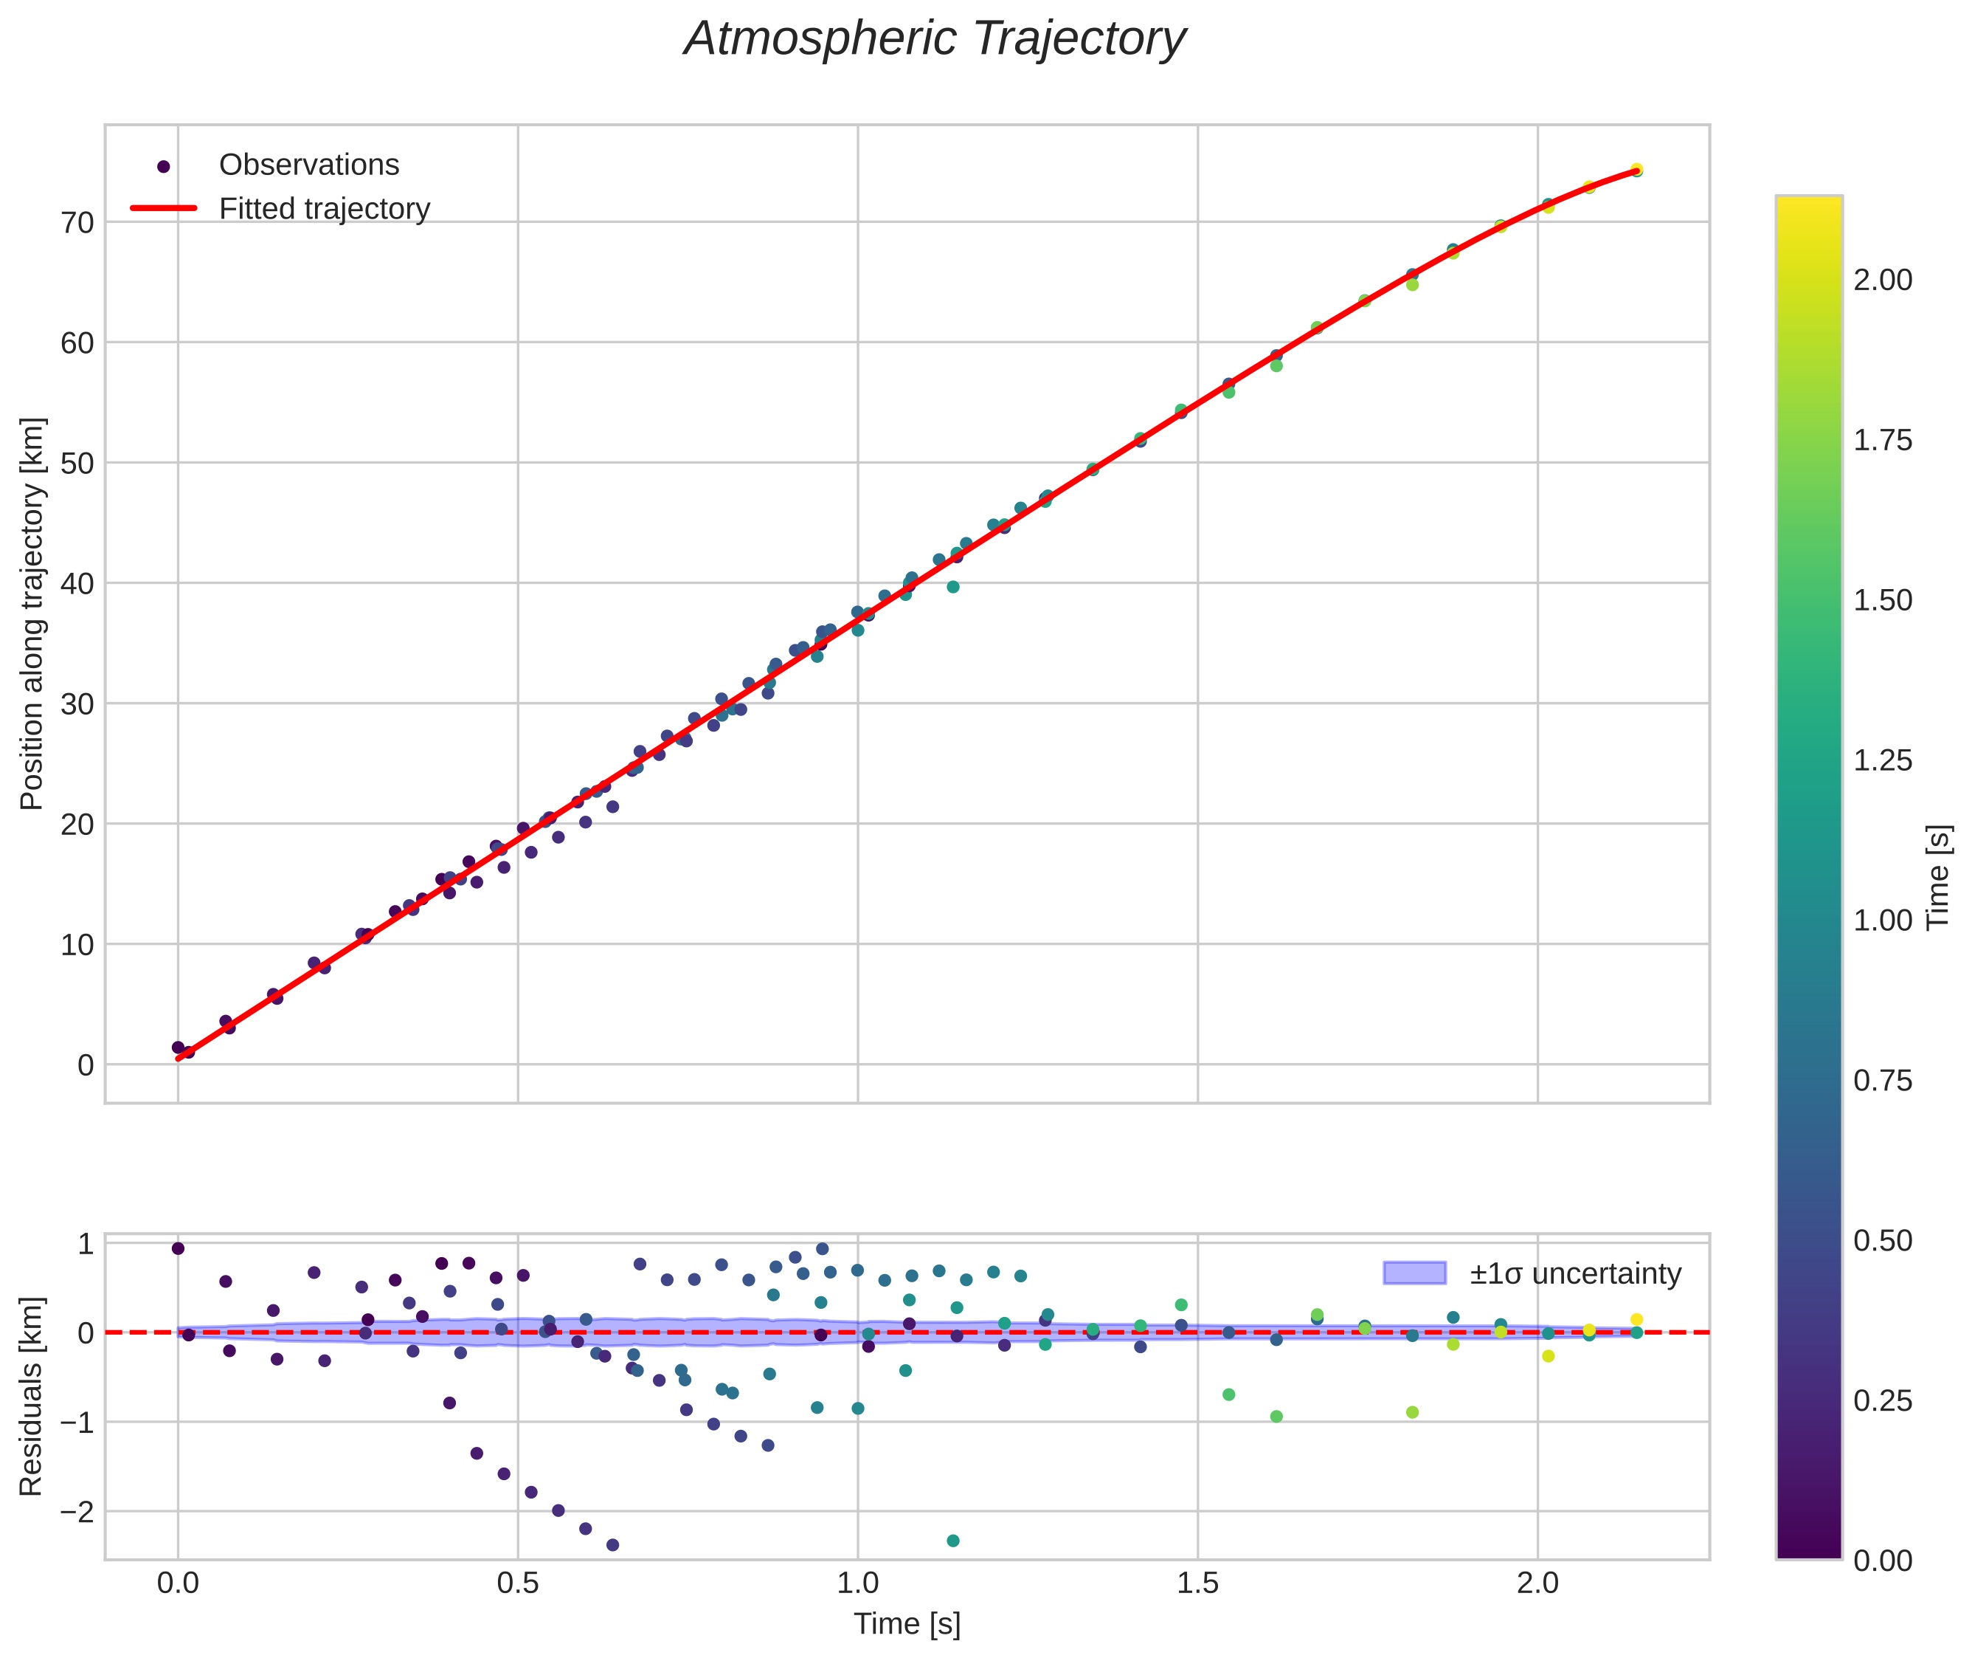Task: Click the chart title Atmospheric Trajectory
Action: pos(935,39)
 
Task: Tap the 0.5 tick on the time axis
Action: pos(518,1583)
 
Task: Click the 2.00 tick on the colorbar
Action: pos(1882,280)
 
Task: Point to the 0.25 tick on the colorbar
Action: pos(1882,1400)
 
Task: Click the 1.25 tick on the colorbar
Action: pos(1882,760)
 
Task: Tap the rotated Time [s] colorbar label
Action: pos(1938,877)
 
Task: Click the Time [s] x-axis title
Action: pos(907,1624)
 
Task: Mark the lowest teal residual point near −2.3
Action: pos(952,1541)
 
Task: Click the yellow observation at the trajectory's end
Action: pos(1636,170)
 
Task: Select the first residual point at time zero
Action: pos(178,1248)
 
